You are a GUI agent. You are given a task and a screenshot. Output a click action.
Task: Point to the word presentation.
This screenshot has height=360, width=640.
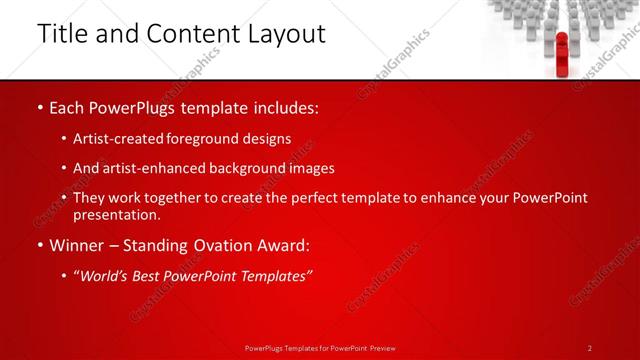coord(116,214)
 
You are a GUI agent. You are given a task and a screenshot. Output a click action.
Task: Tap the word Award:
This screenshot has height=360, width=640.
coord(281,246)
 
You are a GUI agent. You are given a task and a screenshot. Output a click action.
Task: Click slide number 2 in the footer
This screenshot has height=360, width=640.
coord(590,348)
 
